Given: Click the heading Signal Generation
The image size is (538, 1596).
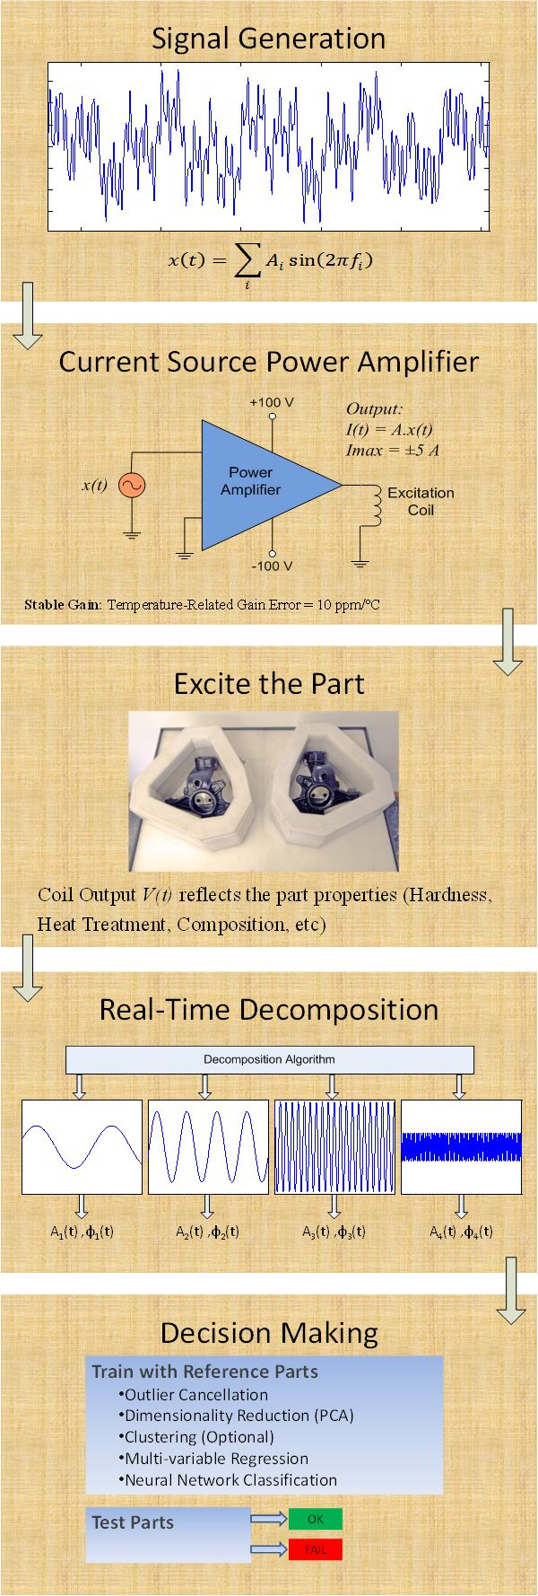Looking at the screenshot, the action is pyautogui.click(x=269, y=39).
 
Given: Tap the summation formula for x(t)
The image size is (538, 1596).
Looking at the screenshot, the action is pyautogui.click(x=270, y=263).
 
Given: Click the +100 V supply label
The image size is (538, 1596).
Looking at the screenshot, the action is pyautogui.click(x=272, y=402).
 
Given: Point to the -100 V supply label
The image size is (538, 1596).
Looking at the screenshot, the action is pyautogui.click(x=272, y=566).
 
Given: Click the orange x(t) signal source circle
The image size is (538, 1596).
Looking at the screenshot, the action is pyautogui.click(x=132, y=486).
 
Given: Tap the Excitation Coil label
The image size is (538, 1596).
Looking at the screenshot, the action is pyautogui.click(x=421, y=501).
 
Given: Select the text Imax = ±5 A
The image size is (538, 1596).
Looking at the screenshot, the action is pyautogui.click(x=393, y=451).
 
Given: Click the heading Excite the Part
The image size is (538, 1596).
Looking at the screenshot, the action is pyautogui.click(x=269, y=684).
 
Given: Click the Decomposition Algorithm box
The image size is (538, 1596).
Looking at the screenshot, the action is pyautogui.click(x=269, y=1059).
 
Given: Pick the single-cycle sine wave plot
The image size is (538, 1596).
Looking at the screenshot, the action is pyautogui.click(x=82, y=1147).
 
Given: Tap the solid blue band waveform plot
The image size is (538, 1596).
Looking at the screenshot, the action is pyautogui.click(x=461, y=1147).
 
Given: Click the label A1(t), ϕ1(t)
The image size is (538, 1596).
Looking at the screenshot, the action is pyautogui.click(x=82, y=1232).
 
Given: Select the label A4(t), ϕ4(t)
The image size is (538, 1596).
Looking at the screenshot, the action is pyautogui.click(x=461, y=1232).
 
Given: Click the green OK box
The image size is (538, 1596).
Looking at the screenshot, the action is pyautogui.click(x=316, y=1519).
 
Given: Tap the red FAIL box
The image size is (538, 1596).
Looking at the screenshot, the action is pyautogui.click(x=316, y=1549).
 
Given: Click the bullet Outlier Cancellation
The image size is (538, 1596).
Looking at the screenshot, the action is pyautogui.click(x=193, y=1395).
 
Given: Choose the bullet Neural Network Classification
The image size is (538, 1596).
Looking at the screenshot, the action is pyautogui.click(x=228, y=1480).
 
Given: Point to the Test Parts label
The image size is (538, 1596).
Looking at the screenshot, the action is pyautogui.click(x=133, y=1522).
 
